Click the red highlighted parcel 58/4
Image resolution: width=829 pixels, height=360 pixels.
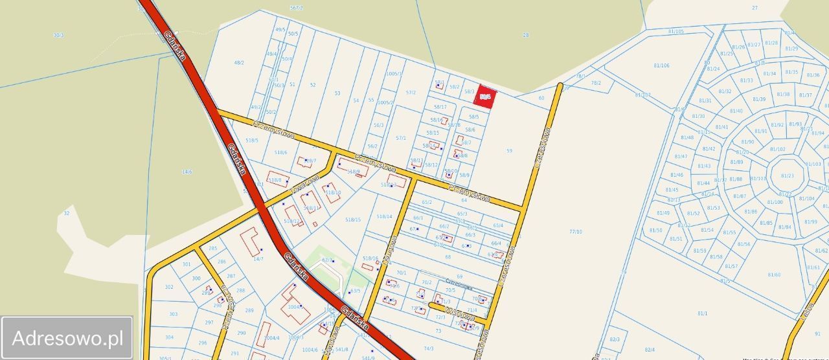[485, 96]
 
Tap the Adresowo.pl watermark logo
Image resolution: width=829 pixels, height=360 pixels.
[67, 338]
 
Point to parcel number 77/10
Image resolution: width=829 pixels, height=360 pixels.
[575, 231]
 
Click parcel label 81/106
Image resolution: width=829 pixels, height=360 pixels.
[661, 65]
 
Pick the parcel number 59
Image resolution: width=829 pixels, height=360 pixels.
[509, 151]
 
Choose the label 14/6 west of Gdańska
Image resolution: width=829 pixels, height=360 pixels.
[187, 172]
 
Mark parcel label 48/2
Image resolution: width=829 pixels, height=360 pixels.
[239, 62]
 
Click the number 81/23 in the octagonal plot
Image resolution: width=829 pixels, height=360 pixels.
[787, 175]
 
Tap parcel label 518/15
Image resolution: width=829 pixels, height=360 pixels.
[353, 219]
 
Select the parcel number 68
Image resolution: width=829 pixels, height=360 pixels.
[448, 257]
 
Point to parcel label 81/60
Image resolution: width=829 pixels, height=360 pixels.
[773, 275]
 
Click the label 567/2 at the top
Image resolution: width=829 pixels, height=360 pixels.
[297, 8]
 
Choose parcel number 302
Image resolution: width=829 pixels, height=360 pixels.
[169, 287]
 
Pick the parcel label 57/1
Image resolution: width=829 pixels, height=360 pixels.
[401, 138]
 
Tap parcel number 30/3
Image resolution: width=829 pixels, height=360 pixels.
[58, 35]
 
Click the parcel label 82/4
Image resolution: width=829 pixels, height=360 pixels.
[650, 350]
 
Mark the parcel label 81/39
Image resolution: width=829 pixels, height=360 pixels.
[759, 99]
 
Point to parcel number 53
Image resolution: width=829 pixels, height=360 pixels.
[337, 93]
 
